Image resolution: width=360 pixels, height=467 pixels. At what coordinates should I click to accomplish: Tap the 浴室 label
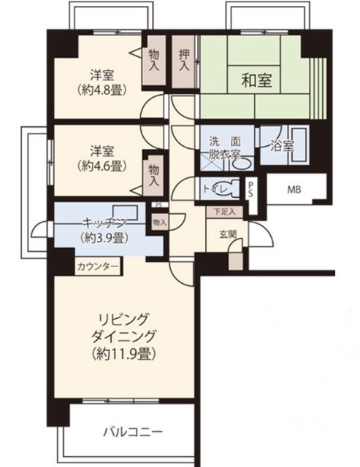[x=283, y=144]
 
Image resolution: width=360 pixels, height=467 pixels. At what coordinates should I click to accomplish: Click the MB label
[x=293, y=190]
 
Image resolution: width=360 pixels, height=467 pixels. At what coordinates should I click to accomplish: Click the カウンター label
[x=96, y=268]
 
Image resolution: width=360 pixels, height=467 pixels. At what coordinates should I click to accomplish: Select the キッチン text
[x=102, y=222]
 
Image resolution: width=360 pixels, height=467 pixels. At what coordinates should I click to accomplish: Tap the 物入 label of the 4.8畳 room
[x=154, y=59]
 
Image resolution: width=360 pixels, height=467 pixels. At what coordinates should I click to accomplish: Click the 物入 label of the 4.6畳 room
[x=155, y=174]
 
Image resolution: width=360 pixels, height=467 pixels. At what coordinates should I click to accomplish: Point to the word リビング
[x=126, y=320]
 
